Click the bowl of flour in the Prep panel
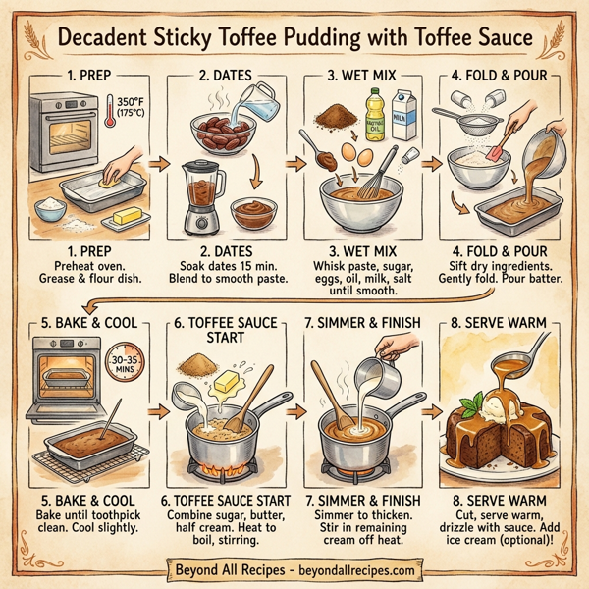pos(50,209)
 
